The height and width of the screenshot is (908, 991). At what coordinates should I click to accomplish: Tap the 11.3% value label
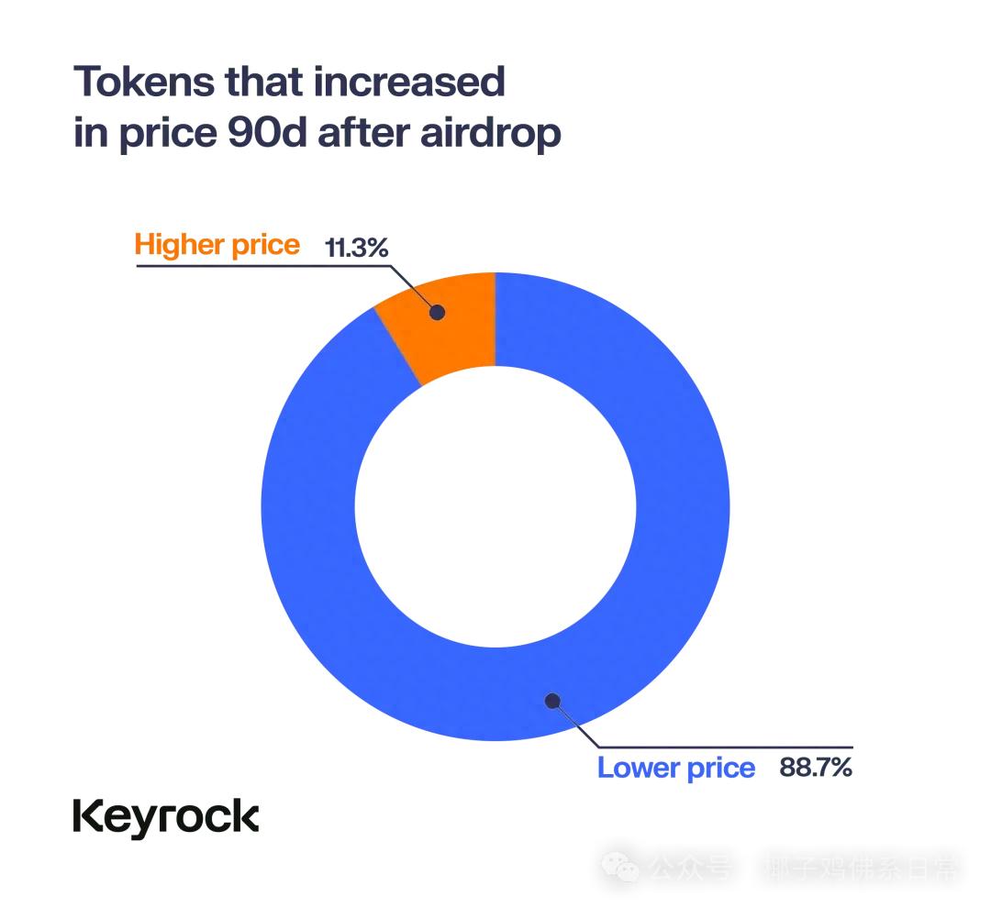coord(357,248)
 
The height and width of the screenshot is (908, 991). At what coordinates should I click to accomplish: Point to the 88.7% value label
coord(816,767)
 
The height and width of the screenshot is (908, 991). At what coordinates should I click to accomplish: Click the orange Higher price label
coord(217,245)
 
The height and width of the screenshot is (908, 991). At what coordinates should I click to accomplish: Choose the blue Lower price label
coord(676,768)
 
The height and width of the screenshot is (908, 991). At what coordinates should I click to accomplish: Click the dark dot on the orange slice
coord(438,312)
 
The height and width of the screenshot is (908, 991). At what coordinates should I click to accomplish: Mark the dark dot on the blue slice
coord(552,701)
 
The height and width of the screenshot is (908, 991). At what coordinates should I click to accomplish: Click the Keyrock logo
coord(166,815)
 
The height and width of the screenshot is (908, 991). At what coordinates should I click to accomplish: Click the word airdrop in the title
coord(490,134)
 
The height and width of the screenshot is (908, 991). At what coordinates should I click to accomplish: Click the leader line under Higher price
coord(266,266)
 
